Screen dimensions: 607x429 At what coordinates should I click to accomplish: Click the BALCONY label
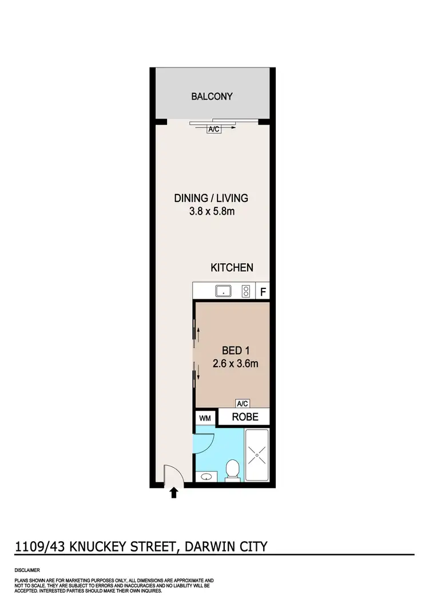pyautogui.click(x=212, y=96)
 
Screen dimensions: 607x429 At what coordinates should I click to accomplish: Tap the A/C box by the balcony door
pyautogui.click(x=214, y=129)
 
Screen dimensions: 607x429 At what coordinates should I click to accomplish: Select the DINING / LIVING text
pyautogui.click(x=211, y=199)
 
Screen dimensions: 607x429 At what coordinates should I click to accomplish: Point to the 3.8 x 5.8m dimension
pyautogui.click(x=211, y=212)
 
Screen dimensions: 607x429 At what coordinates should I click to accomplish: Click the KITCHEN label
pyautogui.click(x=232, y=267)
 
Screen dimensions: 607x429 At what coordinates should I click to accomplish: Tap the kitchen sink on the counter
pyautogui.click(x=223, y=292)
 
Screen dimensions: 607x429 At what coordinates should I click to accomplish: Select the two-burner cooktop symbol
pyautogui.click(x=247, y=292)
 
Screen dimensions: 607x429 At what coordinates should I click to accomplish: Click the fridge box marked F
pyautogui.click(x=263, y=292)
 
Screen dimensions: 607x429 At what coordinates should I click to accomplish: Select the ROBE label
pyautogui.click(x=245, y=417)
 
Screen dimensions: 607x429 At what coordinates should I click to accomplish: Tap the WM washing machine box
pyautogui.click(x=205, y=418)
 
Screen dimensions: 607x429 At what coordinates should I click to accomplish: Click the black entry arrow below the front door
pyautogui.click(x=174, y=494)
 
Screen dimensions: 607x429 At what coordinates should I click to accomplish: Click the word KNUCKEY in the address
pyautogui.click(x=105, y=546)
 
